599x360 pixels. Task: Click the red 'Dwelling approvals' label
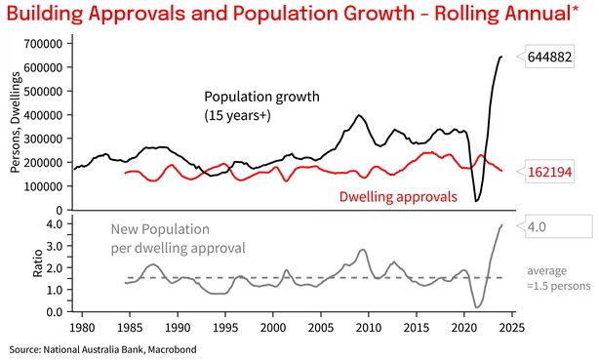398,196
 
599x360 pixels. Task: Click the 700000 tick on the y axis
43,44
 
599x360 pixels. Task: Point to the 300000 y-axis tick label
43,139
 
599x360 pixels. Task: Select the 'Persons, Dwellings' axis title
15,124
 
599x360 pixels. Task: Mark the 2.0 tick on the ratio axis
54,267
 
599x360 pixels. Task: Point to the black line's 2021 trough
477,201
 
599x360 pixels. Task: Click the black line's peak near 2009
360,115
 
